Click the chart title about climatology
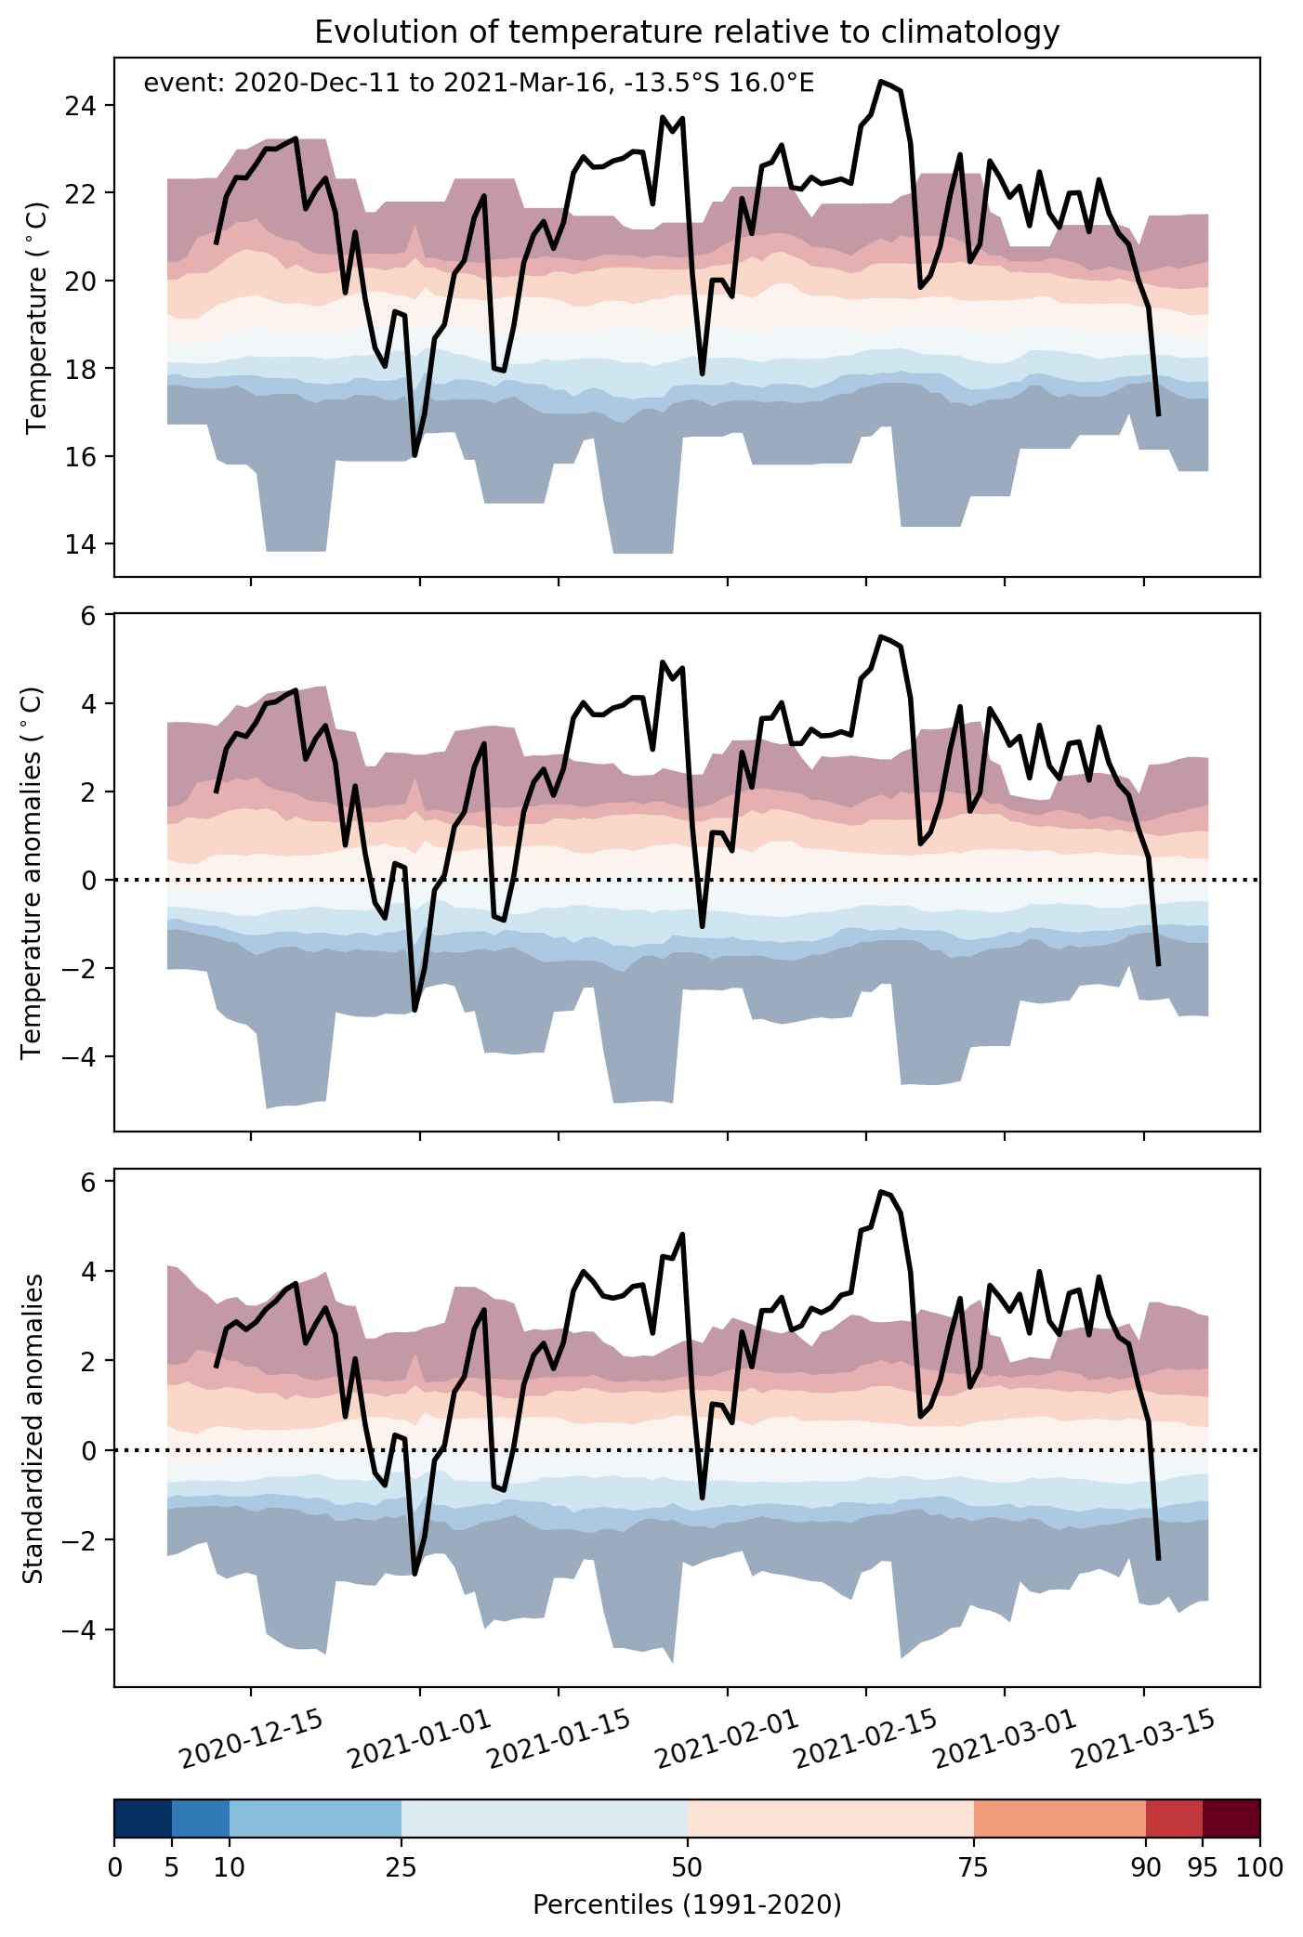pos(687,33)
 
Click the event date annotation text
pos(479,84)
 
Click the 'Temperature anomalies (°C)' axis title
pos(32,872)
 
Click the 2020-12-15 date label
pos(251,1737)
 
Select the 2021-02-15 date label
pos(865,1737)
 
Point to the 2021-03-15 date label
pos(1143,1737)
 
